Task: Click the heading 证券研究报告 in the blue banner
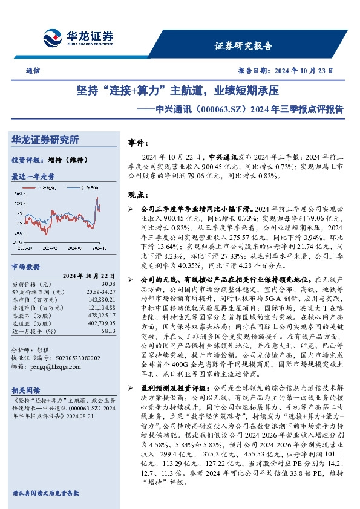pos(244,45)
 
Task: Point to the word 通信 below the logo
pos(33,71)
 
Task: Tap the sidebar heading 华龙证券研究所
pos(45,140)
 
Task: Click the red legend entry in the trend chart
pos(44,188)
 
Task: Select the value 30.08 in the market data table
pos(108,283)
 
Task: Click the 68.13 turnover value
pos(108,331)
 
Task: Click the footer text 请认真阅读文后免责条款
pos(45,493)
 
